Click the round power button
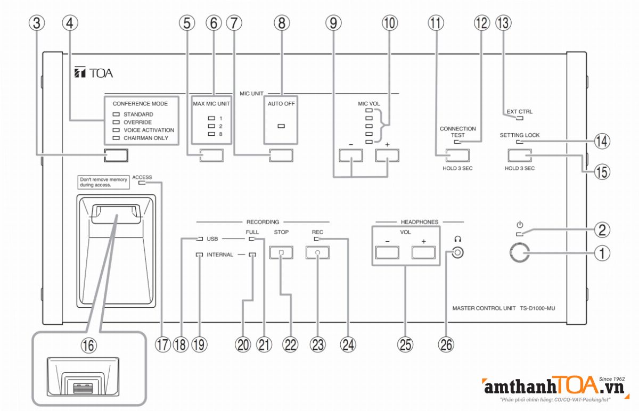click(520, 253)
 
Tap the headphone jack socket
click(457, 253)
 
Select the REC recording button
click(317, 253)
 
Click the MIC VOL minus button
click(351, 155)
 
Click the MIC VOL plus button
click(387, 155)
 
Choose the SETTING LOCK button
click(520, 155)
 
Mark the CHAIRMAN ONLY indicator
click(116, 138)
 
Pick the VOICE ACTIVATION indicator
click(116, 130)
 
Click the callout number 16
click(89, 344)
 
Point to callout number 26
click(446, 344)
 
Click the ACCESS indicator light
click(141, 183)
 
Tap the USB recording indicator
click(200, 239)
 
